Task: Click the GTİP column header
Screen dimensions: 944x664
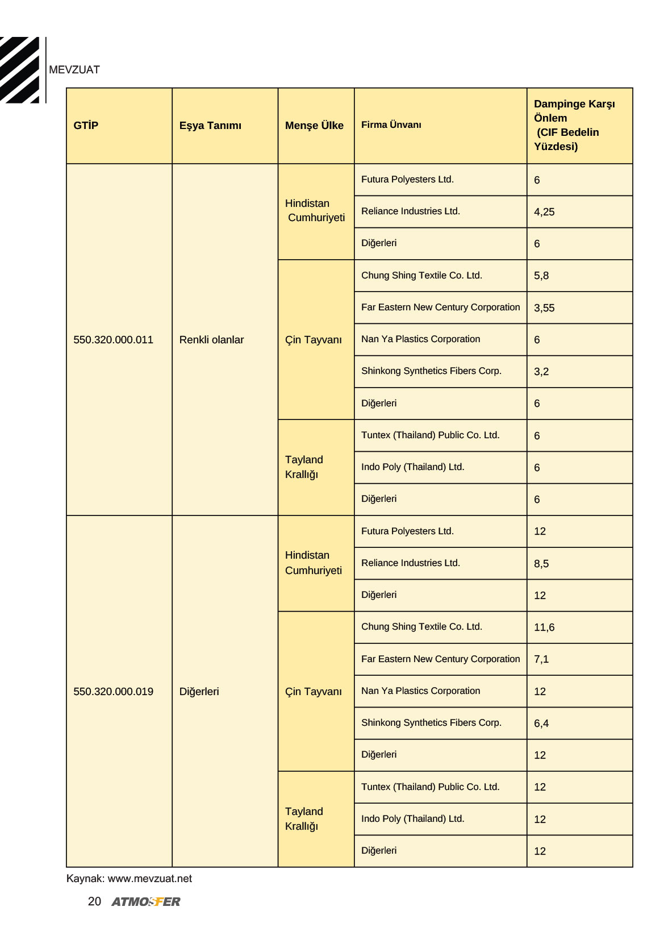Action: (86, 126)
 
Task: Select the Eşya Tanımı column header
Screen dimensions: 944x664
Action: (210, 126)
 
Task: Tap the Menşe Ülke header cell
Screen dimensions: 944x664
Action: (314, 126)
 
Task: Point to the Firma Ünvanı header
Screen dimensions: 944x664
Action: (391, 125)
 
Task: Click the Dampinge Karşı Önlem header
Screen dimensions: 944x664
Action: (574, 125)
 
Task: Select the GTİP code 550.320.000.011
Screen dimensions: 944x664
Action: (113, 340)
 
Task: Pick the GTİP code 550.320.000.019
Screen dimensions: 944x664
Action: (113, 692)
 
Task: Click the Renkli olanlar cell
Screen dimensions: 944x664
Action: (211, 340)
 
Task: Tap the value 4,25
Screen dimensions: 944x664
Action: (544, 212)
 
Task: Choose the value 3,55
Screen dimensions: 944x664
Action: (544, 308)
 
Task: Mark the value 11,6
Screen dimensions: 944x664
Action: (544, 627)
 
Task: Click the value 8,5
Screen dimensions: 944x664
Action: (541, 564)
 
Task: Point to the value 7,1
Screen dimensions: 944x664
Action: (541, 659)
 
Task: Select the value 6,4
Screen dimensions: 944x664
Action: (541, 723)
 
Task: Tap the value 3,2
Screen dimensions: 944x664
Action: (541, 372)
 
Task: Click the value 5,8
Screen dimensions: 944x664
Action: (541, 276)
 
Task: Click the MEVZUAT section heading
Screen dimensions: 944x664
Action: (74, 70)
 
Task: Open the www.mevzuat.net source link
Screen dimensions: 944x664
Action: (150, 879)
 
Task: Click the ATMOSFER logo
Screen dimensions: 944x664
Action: (146, 902)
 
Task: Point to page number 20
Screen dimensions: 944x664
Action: (94, 901)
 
